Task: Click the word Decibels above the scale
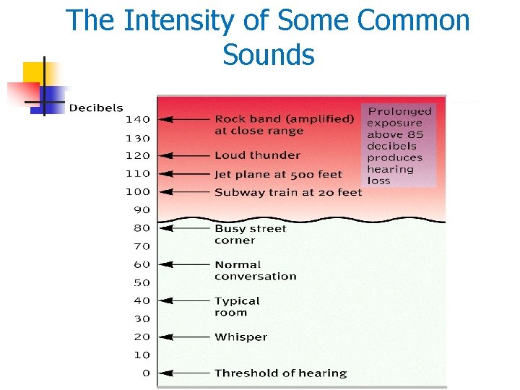coord(95,108)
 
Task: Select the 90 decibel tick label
coord(141,210)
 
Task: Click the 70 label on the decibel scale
coord(141,246)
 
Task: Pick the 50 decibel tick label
coord(141,282)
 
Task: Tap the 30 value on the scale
coord(141,318)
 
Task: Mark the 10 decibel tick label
coord(141,355)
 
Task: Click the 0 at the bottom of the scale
coord(146,373)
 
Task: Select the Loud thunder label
coord(257,155)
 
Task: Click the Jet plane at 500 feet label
coord(278,173)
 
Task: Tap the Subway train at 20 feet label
coord(288,192)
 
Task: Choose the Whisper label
coord(240,337)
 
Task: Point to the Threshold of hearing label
coord(280,373)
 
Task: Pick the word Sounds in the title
coord(269,54)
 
